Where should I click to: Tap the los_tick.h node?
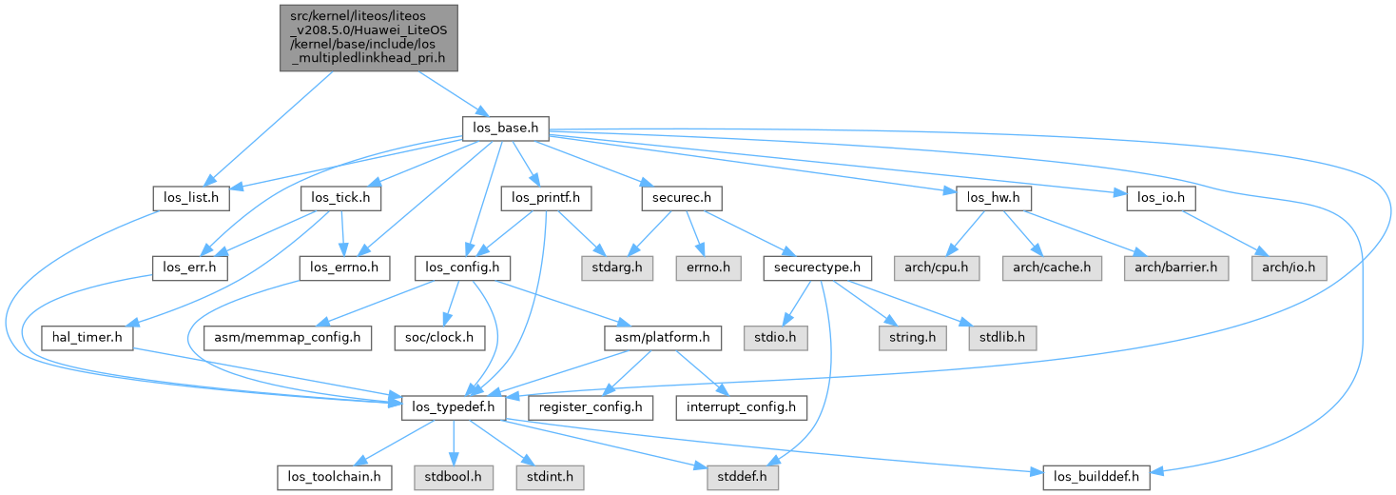pyautogui.click(x=340, y=199)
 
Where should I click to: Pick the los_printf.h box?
pyautogui.click(x=546, y=199)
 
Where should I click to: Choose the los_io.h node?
pyautogui.click(x=1160, y=199)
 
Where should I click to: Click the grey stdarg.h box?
pyautogui.click(x=611, y=268)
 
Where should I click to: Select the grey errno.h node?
pyautogui.click(x=708, y=268)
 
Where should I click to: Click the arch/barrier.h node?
pyautogui.click(x=1173, y=268)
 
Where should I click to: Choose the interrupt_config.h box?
pyautogui.click(x=741, y=407)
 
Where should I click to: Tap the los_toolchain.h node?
pyautogui.click(x=334, y=476)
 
